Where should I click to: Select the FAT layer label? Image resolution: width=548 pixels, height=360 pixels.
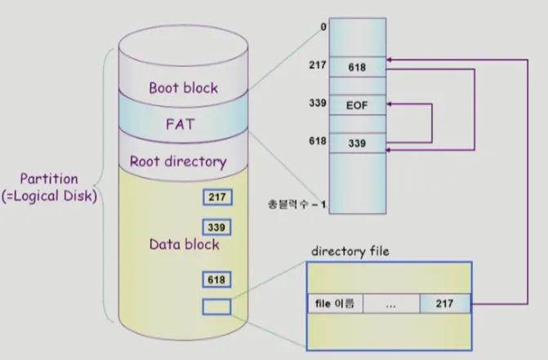tap(180, 125)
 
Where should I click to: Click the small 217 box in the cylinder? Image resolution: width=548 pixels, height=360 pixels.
tap(217, 197)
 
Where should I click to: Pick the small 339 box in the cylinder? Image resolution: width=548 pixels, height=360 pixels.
tap(217, 227)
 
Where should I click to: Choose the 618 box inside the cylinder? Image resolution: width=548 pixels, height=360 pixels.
tap(217, 280)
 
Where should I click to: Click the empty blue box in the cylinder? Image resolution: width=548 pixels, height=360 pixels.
tap(217, 307)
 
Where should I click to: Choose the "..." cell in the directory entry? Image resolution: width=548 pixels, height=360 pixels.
tap(390, 304)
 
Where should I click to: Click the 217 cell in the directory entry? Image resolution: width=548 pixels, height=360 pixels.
tap(445, 304)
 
